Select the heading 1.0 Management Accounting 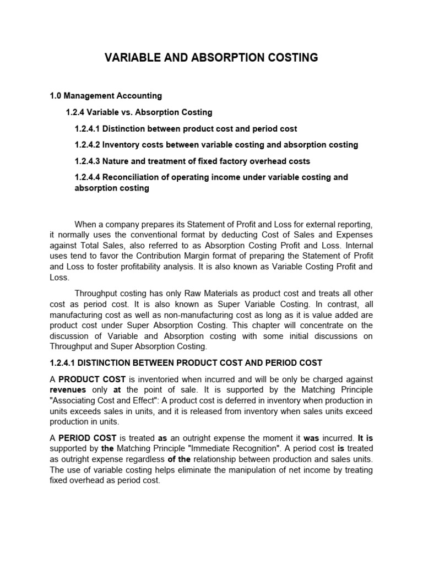click(x=106, y=96)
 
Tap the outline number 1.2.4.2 click(x=87, y=145)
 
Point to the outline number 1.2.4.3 click(x=87, y=161)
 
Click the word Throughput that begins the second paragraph click(x=97, y=294)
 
